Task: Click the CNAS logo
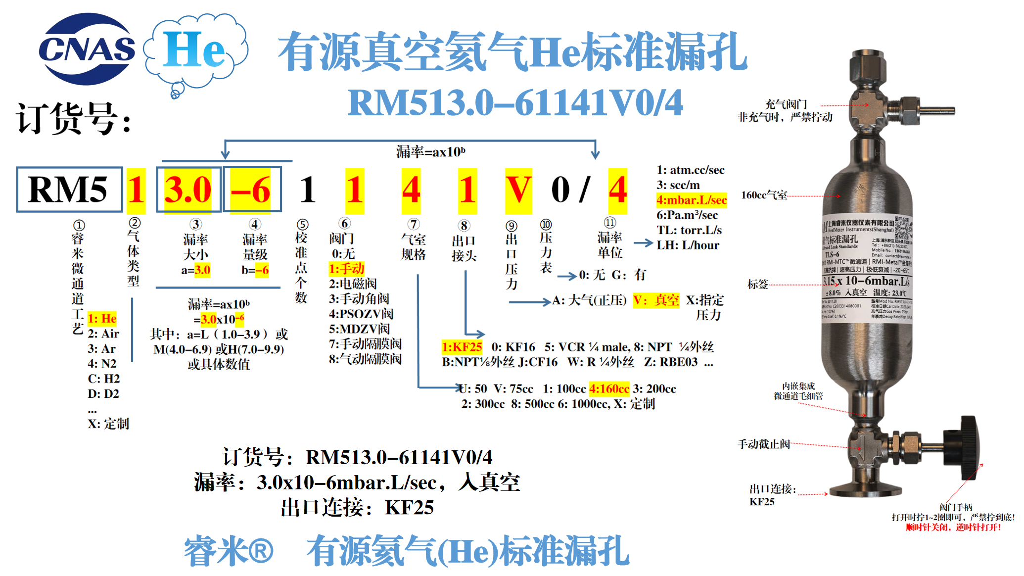click(87, 48)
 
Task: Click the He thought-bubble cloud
click(195, 49)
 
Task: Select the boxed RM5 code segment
click(69, 190)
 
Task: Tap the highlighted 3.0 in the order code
click(188, 190)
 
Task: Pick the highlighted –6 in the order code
click(251, 190)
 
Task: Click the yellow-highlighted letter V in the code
click(518, 190)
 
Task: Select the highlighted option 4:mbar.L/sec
click(691, 200)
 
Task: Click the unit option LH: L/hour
click(688, 245)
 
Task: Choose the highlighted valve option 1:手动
click(346, 269)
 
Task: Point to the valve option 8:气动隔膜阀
click(365, 359)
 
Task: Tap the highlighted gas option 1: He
click(102, 318)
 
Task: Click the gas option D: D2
click(103, 393)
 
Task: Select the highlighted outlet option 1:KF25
click(462, 347)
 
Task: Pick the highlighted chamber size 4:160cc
click(609, 388)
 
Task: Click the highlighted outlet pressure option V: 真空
click(656, 300)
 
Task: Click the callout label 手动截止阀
click(763, 444)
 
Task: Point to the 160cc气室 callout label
click(764, 195)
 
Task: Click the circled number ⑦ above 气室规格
click(414, 224)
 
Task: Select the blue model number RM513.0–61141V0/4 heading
click(515, 103)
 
